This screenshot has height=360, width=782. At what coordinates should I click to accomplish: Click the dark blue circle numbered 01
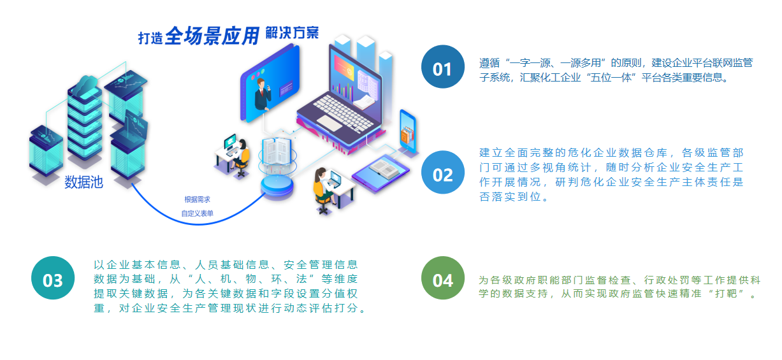(443, 67)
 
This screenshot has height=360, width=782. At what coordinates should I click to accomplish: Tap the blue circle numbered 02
(443, 172)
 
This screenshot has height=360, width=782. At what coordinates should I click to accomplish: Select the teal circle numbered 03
(53, 278)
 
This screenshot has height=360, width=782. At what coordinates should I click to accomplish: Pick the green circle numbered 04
(443, 278)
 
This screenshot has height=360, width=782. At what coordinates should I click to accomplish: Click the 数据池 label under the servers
(83, 182)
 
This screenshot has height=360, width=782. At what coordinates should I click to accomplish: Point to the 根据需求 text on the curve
(197, 199)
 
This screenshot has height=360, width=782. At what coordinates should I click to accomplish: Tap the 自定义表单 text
(197, 213)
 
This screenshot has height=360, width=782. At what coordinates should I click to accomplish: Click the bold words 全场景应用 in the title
(212, 36)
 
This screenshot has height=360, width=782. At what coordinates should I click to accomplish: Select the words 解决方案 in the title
(292, 33)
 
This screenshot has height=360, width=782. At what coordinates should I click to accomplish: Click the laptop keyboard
(344, 112)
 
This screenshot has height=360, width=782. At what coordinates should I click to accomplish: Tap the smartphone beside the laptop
(408, 132)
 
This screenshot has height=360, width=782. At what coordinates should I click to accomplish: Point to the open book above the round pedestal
(277, 151)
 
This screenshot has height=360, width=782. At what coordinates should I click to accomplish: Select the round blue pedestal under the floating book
(277, 187)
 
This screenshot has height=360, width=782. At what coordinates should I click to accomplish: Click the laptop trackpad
(329, 123)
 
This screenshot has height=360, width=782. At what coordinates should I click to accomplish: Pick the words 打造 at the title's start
(150, 38)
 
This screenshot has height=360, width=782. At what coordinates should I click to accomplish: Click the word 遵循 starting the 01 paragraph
(489, 63)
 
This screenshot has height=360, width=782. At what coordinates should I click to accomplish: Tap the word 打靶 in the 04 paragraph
(726, 294)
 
